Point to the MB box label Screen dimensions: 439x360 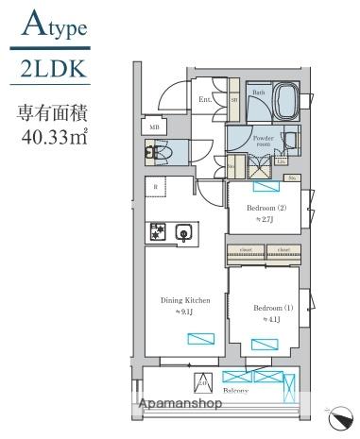(154, 125)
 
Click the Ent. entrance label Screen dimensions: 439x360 (205, 98)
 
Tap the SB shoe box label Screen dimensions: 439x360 (233, 98)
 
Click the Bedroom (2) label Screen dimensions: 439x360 (266, 207)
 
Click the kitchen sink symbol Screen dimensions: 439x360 (183, 231)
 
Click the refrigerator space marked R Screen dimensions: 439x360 (155, 186)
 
